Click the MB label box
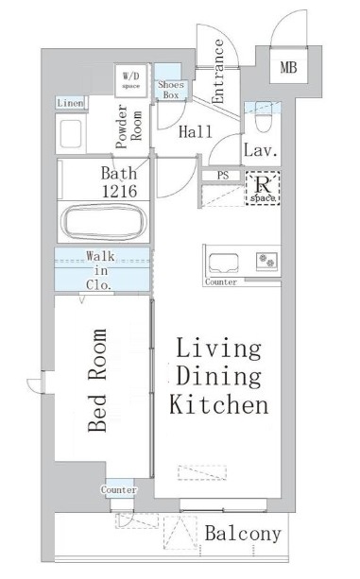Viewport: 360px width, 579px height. (x=288, y=68)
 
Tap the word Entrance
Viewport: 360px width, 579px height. (x=218, y=71)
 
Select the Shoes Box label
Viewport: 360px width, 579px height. (x=171, y=90)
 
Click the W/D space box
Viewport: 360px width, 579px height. (x=130, y=80)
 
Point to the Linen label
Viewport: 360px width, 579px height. (x=71, y=103)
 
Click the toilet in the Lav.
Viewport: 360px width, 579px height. (x=263, y=117)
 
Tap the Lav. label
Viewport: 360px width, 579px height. (x=260, y=151)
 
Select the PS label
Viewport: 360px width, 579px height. (x=223, y=175)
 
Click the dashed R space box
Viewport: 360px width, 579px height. (x=263, y=188)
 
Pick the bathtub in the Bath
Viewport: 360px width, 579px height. (x=103, y=222)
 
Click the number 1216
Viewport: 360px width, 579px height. (x=120, y=191)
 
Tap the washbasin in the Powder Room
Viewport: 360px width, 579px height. (x=71, y=134)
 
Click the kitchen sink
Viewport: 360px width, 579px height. (x=223, y=263)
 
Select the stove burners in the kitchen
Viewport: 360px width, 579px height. (x=267, y=260)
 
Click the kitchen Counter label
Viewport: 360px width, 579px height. (x=221, y=282)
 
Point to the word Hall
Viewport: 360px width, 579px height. (x=196, y=132)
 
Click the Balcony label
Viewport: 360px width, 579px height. (x=243, y=534)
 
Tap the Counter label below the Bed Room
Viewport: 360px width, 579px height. (x=119, y=489)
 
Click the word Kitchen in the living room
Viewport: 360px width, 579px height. (x=219, y=404)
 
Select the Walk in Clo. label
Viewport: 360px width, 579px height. (x=99, y=270)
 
